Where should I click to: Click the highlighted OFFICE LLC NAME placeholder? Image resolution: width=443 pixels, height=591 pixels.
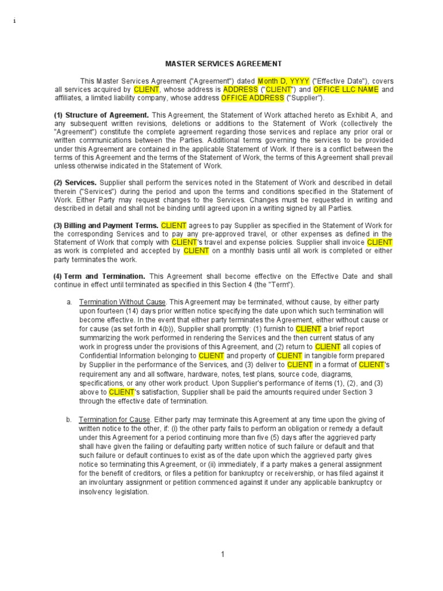(x=346, y=89)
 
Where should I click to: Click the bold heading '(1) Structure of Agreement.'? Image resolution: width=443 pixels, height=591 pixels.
(x=102, y=115)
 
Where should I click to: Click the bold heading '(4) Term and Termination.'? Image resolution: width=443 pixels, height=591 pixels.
(x=99, y=276)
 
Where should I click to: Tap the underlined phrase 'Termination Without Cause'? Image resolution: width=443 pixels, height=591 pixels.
(x=122, y=302)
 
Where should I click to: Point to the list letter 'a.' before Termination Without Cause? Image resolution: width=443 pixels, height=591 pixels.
(x=69, y=302)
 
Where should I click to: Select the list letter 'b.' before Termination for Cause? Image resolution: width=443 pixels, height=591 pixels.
(x=69, y=419)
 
